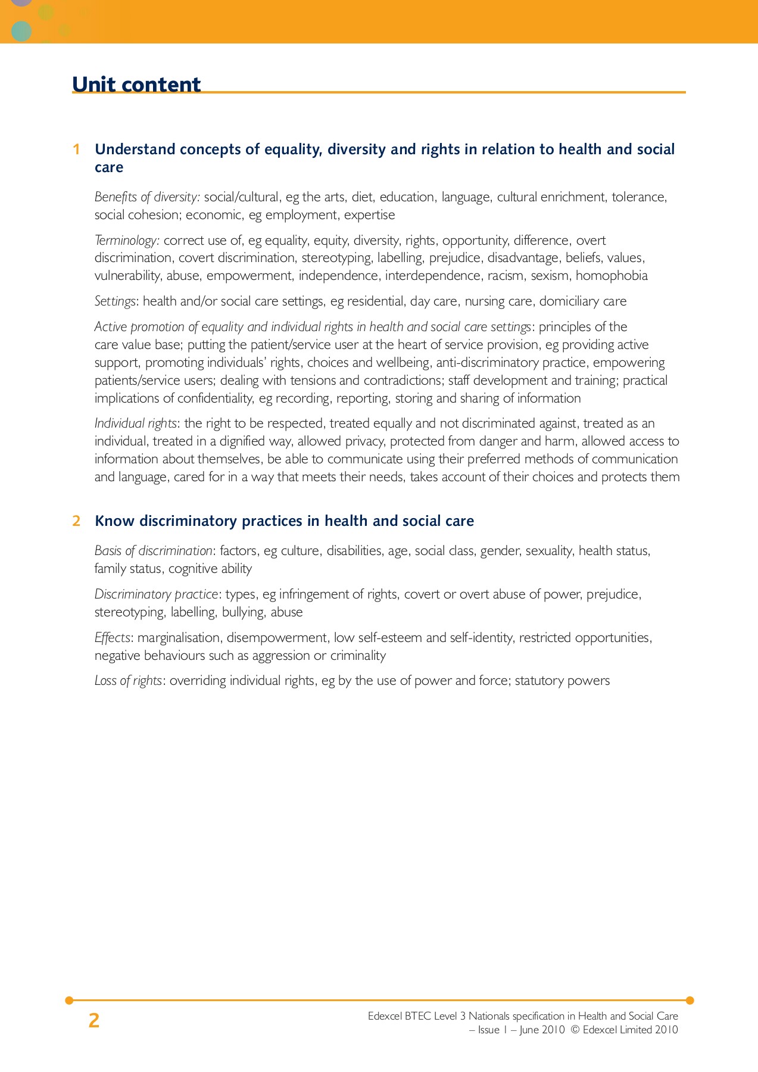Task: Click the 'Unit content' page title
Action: point(136,85)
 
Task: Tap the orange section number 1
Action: point(76,149)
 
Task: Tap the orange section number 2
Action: point(76,521)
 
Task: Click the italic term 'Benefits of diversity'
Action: point(147,197)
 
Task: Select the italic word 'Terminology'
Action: point(126,241)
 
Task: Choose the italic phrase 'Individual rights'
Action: point(136,423)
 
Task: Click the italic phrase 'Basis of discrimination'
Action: point(153,551)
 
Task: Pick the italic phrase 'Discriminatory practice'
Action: point(157,594)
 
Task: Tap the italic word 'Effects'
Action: point(113,638)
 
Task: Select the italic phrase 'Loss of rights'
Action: point(128,681)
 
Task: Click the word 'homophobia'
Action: point(612,276)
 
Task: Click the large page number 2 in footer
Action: point(94,1021)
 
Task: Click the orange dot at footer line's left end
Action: point(69,1000)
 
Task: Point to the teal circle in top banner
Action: point(21,31)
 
